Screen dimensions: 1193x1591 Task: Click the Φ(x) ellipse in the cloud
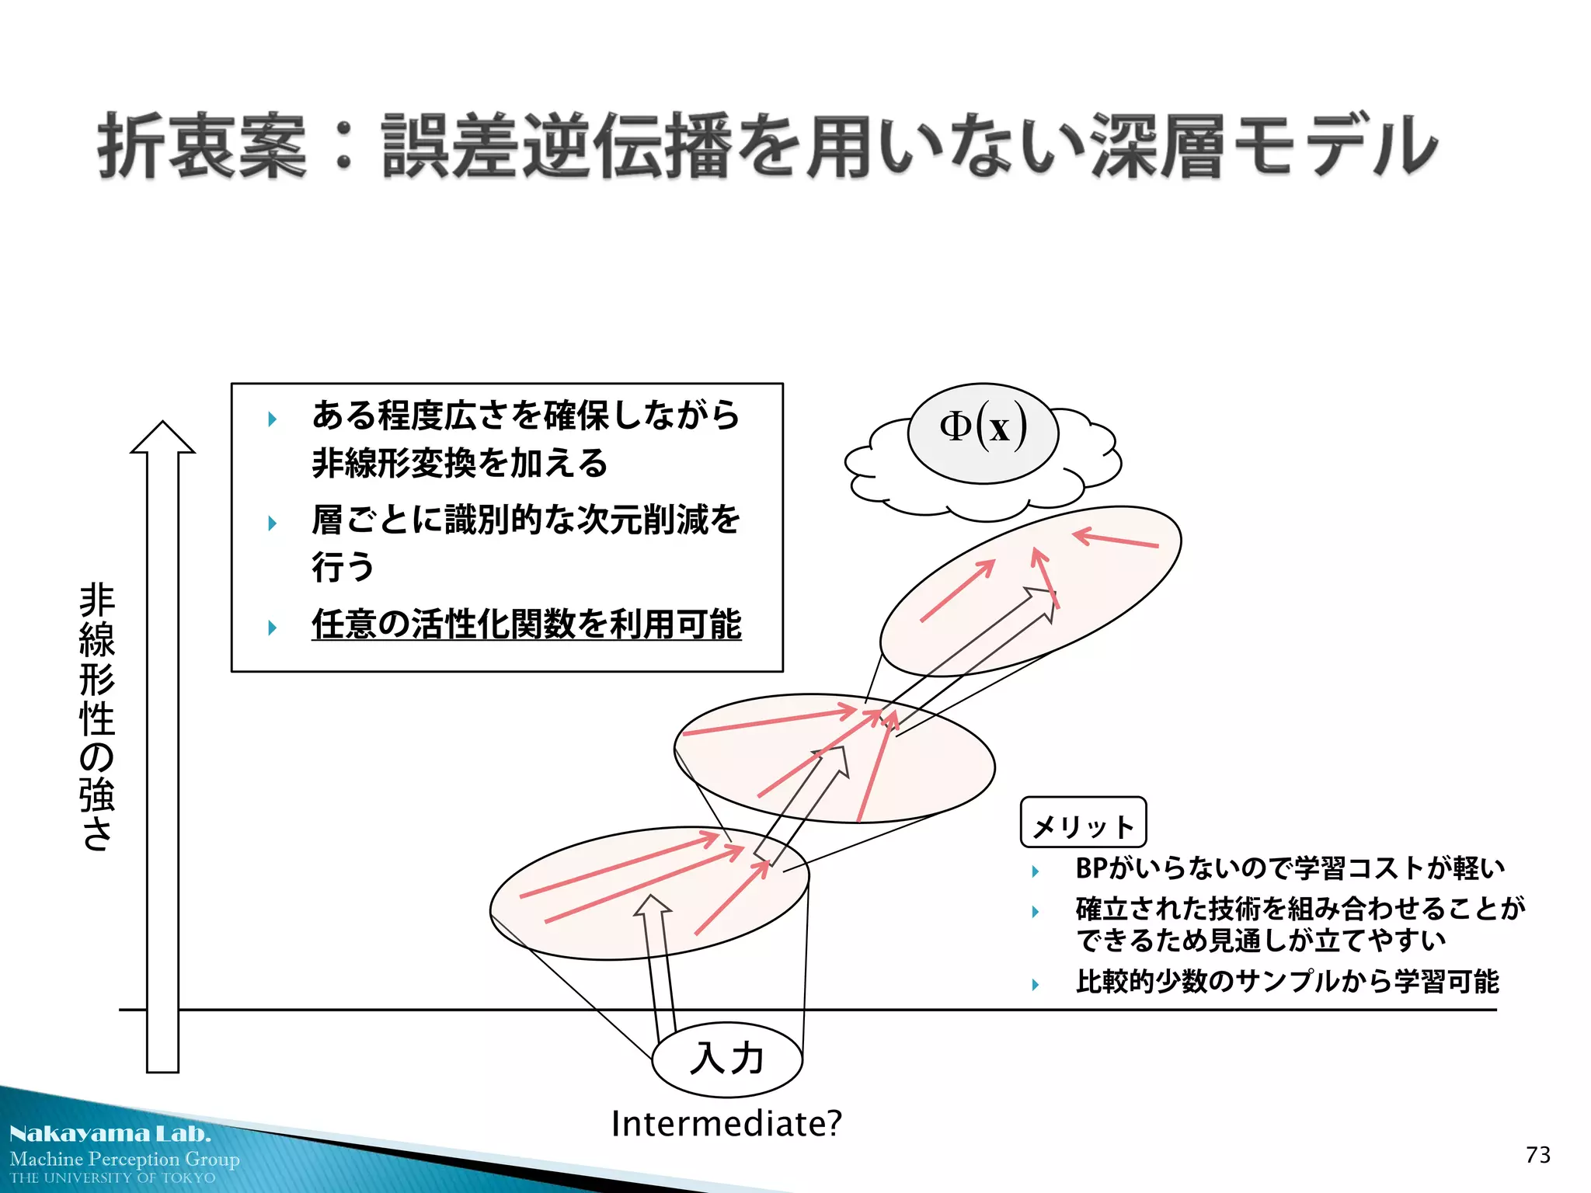click(x=983, y=433)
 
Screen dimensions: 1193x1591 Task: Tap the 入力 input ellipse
click(x=726, y=1059)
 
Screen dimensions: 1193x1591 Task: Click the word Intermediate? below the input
click(x=726, y=1124)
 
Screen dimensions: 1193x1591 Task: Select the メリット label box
click(x=1083, y=823)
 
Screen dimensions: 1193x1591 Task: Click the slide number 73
click(x=1537, y=1155)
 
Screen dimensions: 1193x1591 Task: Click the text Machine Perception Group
click(x=125, y=1159)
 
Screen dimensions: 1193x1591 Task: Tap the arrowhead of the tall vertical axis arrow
click(x=162, y=437)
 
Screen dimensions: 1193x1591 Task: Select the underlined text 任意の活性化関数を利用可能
click(x=526, y=624)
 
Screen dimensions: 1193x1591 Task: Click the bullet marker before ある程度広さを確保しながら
click(x=272, y=419)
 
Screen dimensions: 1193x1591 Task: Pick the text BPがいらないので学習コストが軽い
click(x=1290, y=868)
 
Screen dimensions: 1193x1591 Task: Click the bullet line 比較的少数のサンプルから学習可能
click(x=1286, y=982)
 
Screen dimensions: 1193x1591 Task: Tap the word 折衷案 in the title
click(x=202, y=146)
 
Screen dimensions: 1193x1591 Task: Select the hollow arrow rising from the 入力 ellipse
click(x=656, y=963)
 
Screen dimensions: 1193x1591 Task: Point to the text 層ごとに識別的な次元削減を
click(x=526, y=520)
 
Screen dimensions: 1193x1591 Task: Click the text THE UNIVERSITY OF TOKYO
click(x=113, y=1178)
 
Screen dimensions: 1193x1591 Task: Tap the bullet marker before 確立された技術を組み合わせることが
click(x=1036, y=912)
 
